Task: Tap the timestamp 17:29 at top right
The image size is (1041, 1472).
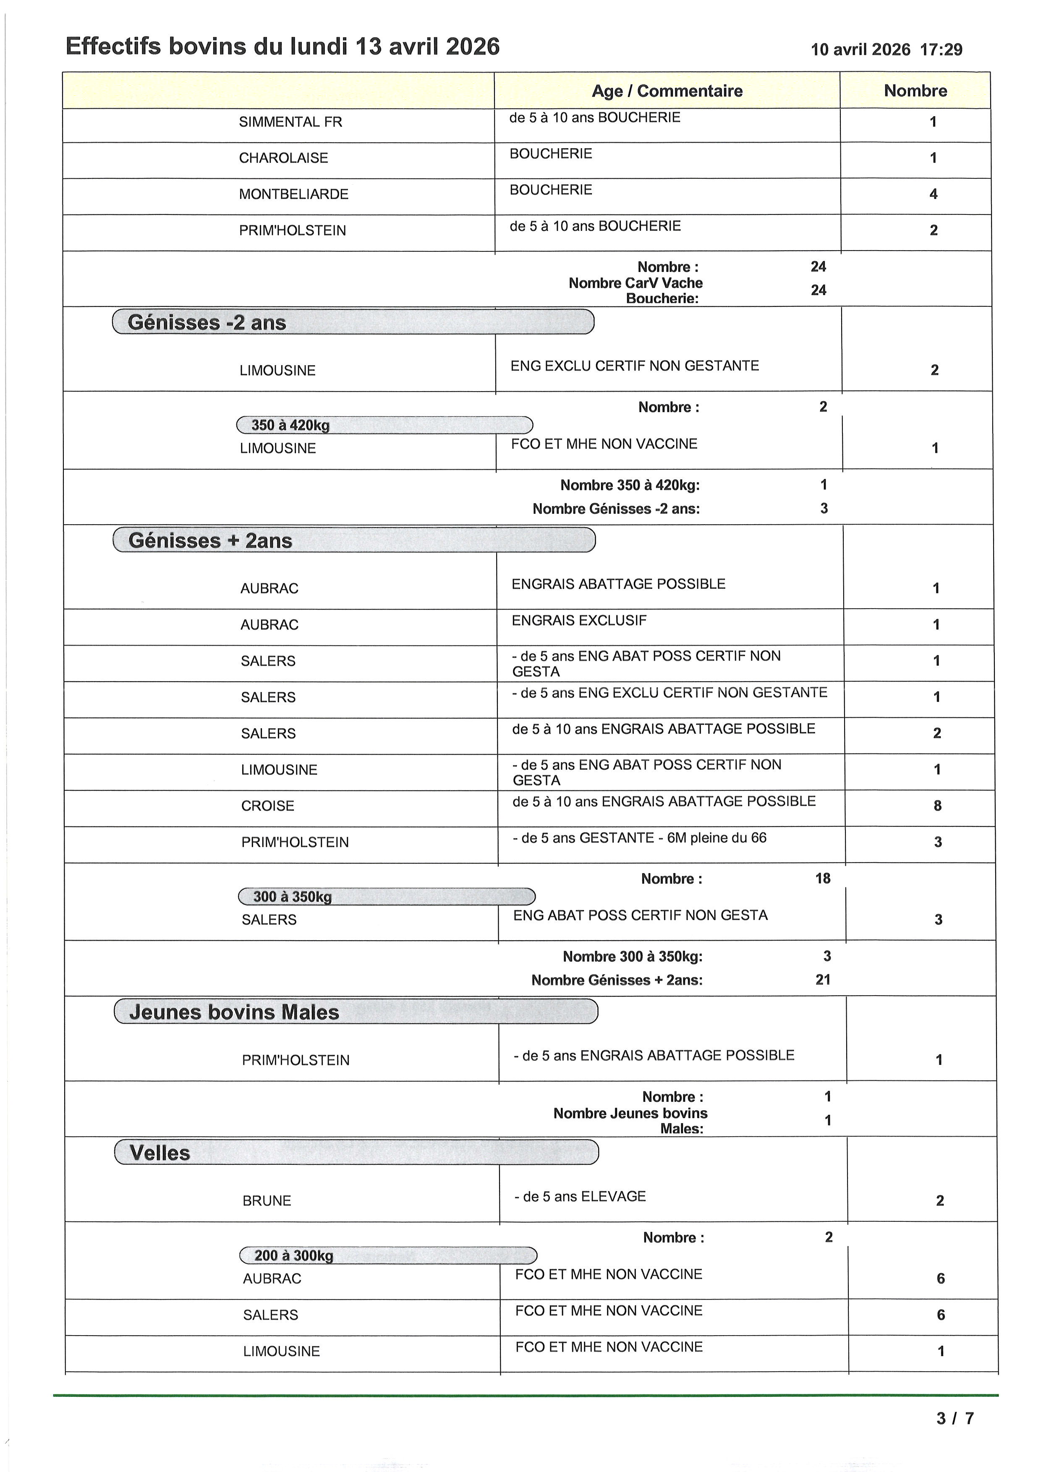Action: (x=941, y=50)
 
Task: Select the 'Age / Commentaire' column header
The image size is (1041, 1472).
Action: (x=667, y=91)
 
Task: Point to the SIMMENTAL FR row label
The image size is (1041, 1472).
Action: (x=290, y=122)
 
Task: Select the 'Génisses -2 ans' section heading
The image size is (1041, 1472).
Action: (x=207, y=322)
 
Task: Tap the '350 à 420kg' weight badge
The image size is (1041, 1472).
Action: (x=290, y=425)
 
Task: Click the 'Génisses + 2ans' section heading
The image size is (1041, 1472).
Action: (x=210, y=541)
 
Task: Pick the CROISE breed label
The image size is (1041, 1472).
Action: (x=267, y=806)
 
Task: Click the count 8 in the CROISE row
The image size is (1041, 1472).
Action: (x=937, y=806)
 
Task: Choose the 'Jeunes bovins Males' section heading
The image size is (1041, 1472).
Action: (x=234, y=1012)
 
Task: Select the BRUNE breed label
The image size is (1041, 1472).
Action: (x=267, y=1201)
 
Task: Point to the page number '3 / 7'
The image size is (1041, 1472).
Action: (x=955, y=1419)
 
